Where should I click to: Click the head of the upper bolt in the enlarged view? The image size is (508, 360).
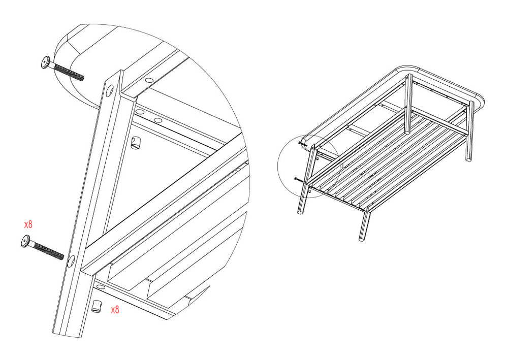[46, 62]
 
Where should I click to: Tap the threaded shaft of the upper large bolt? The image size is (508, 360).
[69, 72]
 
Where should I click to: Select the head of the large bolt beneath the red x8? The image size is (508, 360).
[26, 241]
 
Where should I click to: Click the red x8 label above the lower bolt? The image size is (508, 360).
[28, 224]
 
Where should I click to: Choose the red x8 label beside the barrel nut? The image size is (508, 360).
[115, 310]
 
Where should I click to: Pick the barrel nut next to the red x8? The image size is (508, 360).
[97, 306]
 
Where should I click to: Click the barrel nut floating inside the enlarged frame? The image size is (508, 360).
[136, 143]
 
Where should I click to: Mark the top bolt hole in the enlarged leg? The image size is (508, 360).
[110, 90]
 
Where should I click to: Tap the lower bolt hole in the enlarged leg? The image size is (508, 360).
[71, 261]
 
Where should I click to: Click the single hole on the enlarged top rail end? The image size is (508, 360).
[149, 79]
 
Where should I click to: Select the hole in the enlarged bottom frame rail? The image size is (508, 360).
[101, 286]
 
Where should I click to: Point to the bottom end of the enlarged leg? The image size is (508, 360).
[68, 335]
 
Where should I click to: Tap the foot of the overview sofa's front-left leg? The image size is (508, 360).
[300, 212]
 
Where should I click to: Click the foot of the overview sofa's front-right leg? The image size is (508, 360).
[362, 239]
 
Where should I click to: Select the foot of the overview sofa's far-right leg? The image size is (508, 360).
[468, 159]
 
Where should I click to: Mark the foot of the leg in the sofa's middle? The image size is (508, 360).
[407, 132]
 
